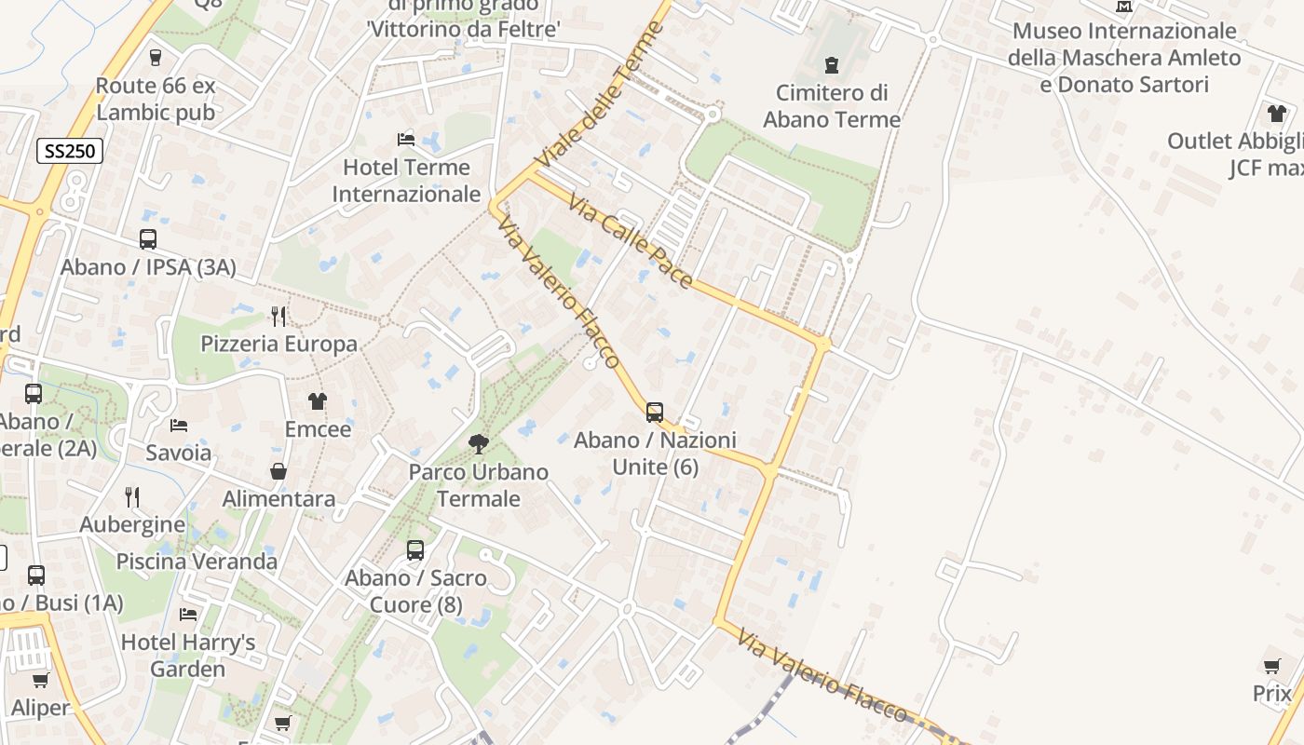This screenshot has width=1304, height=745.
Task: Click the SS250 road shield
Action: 70,151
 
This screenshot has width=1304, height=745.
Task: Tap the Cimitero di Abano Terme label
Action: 832,106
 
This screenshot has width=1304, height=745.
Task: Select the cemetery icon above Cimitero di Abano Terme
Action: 831,65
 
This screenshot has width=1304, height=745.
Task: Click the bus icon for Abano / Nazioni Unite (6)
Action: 655,412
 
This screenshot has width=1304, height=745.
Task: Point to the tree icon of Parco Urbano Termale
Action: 479,444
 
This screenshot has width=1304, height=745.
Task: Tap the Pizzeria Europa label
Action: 278,344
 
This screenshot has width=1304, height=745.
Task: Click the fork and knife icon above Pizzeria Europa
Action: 278,317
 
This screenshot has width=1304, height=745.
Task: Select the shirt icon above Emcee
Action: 318,401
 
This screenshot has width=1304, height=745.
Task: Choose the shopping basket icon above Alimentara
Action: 278,472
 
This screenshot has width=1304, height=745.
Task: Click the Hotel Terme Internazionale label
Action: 407,181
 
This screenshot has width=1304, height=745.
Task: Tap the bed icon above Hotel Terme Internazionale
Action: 406,140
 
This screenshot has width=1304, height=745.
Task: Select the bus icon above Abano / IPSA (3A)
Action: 148,239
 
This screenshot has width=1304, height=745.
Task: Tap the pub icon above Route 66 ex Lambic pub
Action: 156,58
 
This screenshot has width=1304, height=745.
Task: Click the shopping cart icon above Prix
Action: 1272,666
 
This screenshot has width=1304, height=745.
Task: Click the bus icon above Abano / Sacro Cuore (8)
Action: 415,550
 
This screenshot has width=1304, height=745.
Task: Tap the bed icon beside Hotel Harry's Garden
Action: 188,615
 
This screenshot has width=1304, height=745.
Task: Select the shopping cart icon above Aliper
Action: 40,681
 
